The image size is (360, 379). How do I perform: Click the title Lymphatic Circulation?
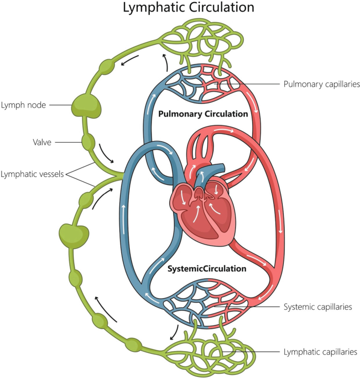point(181,8)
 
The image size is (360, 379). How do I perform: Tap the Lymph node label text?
point(23,105)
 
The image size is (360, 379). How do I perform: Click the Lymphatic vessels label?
point(32,174)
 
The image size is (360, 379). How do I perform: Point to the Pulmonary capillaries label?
point(321,83)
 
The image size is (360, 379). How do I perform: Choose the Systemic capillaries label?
point(317,307)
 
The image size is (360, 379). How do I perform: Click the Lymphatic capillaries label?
point(320,352)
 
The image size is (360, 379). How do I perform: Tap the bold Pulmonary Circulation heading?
point(203,113)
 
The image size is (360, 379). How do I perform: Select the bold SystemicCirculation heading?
point(207,269)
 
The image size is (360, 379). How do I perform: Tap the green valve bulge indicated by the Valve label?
point(87,142)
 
